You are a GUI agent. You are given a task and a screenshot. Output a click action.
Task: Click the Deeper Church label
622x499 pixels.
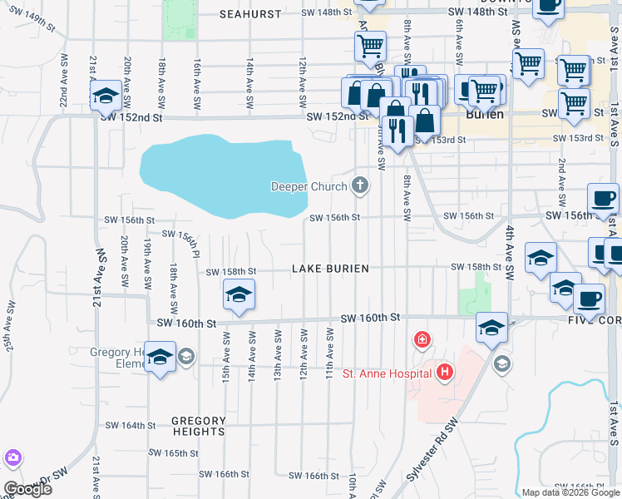(309, 186)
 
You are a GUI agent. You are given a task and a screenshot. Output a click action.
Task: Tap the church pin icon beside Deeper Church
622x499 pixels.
(360, 185)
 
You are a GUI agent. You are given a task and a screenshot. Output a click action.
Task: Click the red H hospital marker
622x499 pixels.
(446, 372)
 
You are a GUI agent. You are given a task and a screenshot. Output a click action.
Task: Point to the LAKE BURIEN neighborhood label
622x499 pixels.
(330, 269)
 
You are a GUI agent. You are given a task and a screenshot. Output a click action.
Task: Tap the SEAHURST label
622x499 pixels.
(252, 13)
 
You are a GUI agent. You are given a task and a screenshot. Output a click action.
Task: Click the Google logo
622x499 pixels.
(27, 489)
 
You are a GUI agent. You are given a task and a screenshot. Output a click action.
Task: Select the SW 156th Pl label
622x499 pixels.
(183, 240)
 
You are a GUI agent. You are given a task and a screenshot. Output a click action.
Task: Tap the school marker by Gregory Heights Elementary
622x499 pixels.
(160, 357)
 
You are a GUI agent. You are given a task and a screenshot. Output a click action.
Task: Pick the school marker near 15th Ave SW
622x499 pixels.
(239, 294)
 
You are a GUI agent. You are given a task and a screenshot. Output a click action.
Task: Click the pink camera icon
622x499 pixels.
(12, 457)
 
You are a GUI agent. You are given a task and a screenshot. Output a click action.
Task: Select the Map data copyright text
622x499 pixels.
(570, 492)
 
